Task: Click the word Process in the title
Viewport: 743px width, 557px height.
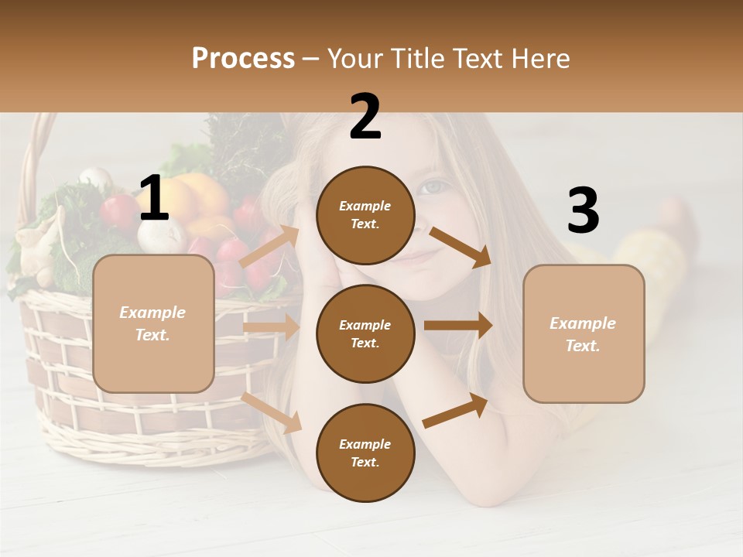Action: pos(243,59)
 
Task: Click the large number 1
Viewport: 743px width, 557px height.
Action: pos(154,199)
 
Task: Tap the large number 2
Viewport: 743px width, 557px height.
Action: pos(365,117)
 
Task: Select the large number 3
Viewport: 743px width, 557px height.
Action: pos(583,212)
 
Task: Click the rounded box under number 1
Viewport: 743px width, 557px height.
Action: pos(153,323)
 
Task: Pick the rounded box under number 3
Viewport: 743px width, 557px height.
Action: pos(584,333)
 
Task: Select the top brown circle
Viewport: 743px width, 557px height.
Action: pos(365,215)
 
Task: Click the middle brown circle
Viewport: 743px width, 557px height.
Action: pos(365,333)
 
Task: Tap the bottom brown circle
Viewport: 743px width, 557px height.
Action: pos(365,453)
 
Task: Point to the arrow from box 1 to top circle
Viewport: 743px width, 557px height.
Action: pos(269,247)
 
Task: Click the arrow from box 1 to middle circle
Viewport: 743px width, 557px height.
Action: pos(271,327)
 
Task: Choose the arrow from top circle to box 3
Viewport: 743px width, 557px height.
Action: pos(460,247)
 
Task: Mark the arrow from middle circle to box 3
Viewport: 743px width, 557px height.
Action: pos(457,325)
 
